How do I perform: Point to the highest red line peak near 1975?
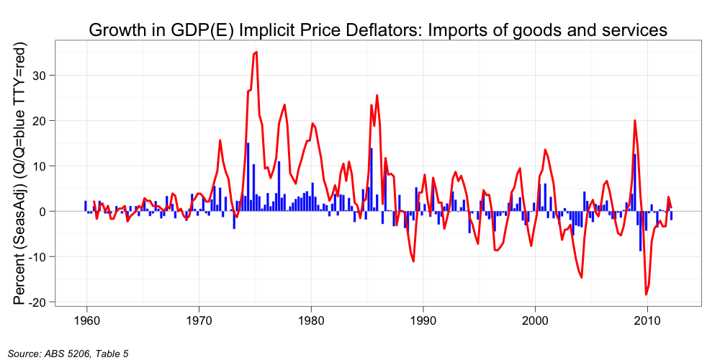click(256, 52)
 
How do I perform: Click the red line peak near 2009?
click(635, 120)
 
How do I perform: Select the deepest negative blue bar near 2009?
click(640, 231)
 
